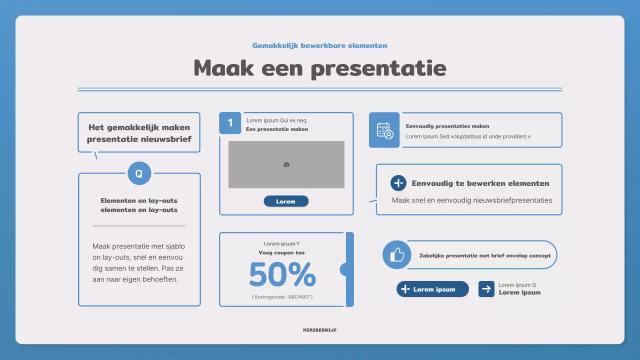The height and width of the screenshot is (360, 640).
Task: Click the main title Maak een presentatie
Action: [x=319, y=68]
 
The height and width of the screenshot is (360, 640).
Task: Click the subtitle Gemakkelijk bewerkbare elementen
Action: [x=319, y=45]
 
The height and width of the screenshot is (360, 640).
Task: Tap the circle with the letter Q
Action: [x=139, y=173]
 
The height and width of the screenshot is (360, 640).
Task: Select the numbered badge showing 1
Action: [x=230, y=123]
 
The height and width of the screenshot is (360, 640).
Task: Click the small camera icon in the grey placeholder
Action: [x=286, y=164]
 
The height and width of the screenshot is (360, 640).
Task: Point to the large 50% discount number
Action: [x=282, y=274]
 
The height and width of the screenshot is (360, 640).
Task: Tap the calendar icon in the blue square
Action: [x=384, y=130]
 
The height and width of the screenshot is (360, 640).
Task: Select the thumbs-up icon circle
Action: [x=397, y=255]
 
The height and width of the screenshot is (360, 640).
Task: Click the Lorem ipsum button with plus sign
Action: [x=433, y=289]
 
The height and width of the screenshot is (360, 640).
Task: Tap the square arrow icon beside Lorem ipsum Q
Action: [x=486, y=289]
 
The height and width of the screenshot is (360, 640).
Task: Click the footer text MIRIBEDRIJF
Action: [x=319, y=330]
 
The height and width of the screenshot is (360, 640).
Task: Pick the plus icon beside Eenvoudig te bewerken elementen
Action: [x=398, y=183]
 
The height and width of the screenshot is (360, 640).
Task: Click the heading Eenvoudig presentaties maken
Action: [x=447, y=126]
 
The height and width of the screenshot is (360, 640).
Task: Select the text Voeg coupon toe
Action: [x=281, y=253]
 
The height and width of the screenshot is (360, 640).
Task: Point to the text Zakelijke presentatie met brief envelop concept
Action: [x=485, y=255]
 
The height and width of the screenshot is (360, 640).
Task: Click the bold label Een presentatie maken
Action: [x=277, y=129]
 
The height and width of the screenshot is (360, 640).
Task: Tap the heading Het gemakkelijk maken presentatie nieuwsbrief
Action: [x=139, y=133]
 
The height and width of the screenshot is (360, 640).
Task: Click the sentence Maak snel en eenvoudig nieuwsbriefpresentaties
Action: [x=472, y=200]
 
